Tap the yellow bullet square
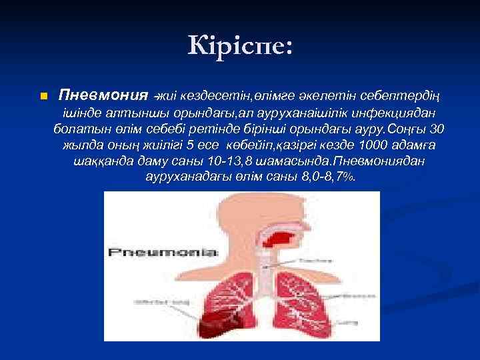tap(43, 97)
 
